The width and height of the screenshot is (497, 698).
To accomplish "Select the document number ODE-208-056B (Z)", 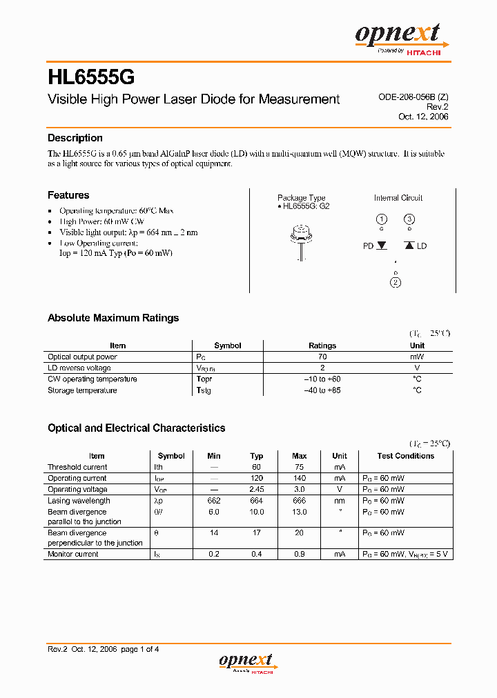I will coord(413,97).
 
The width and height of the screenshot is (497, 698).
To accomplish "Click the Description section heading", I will coord(75,138).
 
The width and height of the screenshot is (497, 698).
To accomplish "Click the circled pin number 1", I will coord(381,220).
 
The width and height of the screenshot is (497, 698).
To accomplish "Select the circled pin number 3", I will coord(409,220).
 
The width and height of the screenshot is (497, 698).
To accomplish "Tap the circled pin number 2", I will coord(396,281).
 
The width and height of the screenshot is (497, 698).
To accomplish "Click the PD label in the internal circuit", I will coord(369,246).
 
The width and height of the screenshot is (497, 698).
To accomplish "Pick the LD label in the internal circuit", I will coord(422,246).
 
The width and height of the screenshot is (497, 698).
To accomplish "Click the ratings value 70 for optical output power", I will coord(322,357).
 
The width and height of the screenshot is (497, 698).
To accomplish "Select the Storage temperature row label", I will coord(82,390).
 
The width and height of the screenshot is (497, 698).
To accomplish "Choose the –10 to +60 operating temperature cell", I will coord(322,379).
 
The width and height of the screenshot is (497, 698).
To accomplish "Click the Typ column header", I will coord(257,456).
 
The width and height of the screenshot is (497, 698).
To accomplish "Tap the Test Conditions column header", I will coord(405,456).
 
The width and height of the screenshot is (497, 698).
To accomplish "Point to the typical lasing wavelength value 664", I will coord(257,501).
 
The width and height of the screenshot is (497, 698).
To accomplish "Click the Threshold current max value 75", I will coord(299,467).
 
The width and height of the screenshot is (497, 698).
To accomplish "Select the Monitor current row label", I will coord(73,554).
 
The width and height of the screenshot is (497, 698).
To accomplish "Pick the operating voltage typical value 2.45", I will coord(257,489).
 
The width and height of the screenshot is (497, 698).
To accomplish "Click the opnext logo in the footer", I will coord(247,662).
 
